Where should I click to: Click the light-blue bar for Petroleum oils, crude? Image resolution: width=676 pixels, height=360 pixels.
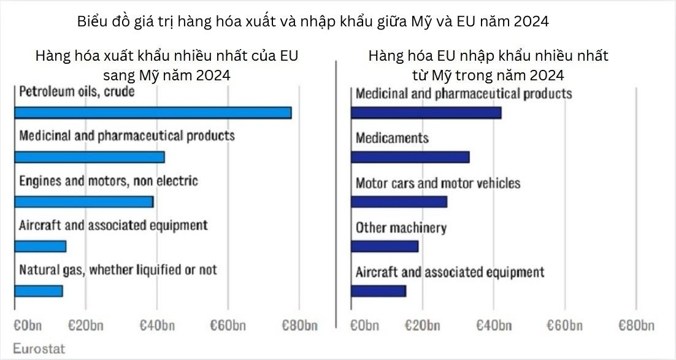[153, 113]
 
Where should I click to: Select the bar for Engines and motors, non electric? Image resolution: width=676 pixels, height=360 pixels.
[83, 202]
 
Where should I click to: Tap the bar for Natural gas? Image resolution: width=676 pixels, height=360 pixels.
[39, 291]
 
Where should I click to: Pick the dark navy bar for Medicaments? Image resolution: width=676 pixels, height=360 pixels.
[410, 157]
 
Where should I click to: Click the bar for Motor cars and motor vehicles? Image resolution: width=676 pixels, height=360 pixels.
[399, 202]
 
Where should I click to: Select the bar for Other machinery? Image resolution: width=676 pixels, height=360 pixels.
[385, 246]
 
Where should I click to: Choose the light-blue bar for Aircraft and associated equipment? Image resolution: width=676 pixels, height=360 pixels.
[40, 246]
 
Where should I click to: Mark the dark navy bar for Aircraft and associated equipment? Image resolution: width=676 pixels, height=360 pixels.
[378, 291]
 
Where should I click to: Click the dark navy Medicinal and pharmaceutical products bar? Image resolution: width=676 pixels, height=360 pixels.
[426, 113]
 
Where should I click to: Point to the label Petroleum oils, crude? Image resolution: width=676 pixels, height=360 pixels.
[77, 92]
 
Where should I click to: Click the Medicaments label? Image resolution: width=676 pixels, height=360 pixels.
[392, 137]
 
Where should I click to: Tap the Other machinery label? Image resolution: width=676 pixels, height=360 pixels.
[401, 228]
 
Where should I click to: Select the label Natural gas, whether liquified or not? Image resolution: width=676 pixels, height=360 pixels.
[118, 269]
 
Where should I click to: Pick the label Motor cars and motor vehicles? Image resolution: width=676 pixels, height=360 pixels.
[438, 183]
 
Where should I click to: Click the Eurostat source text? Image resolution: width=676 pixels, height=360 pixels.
[39, 348]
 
